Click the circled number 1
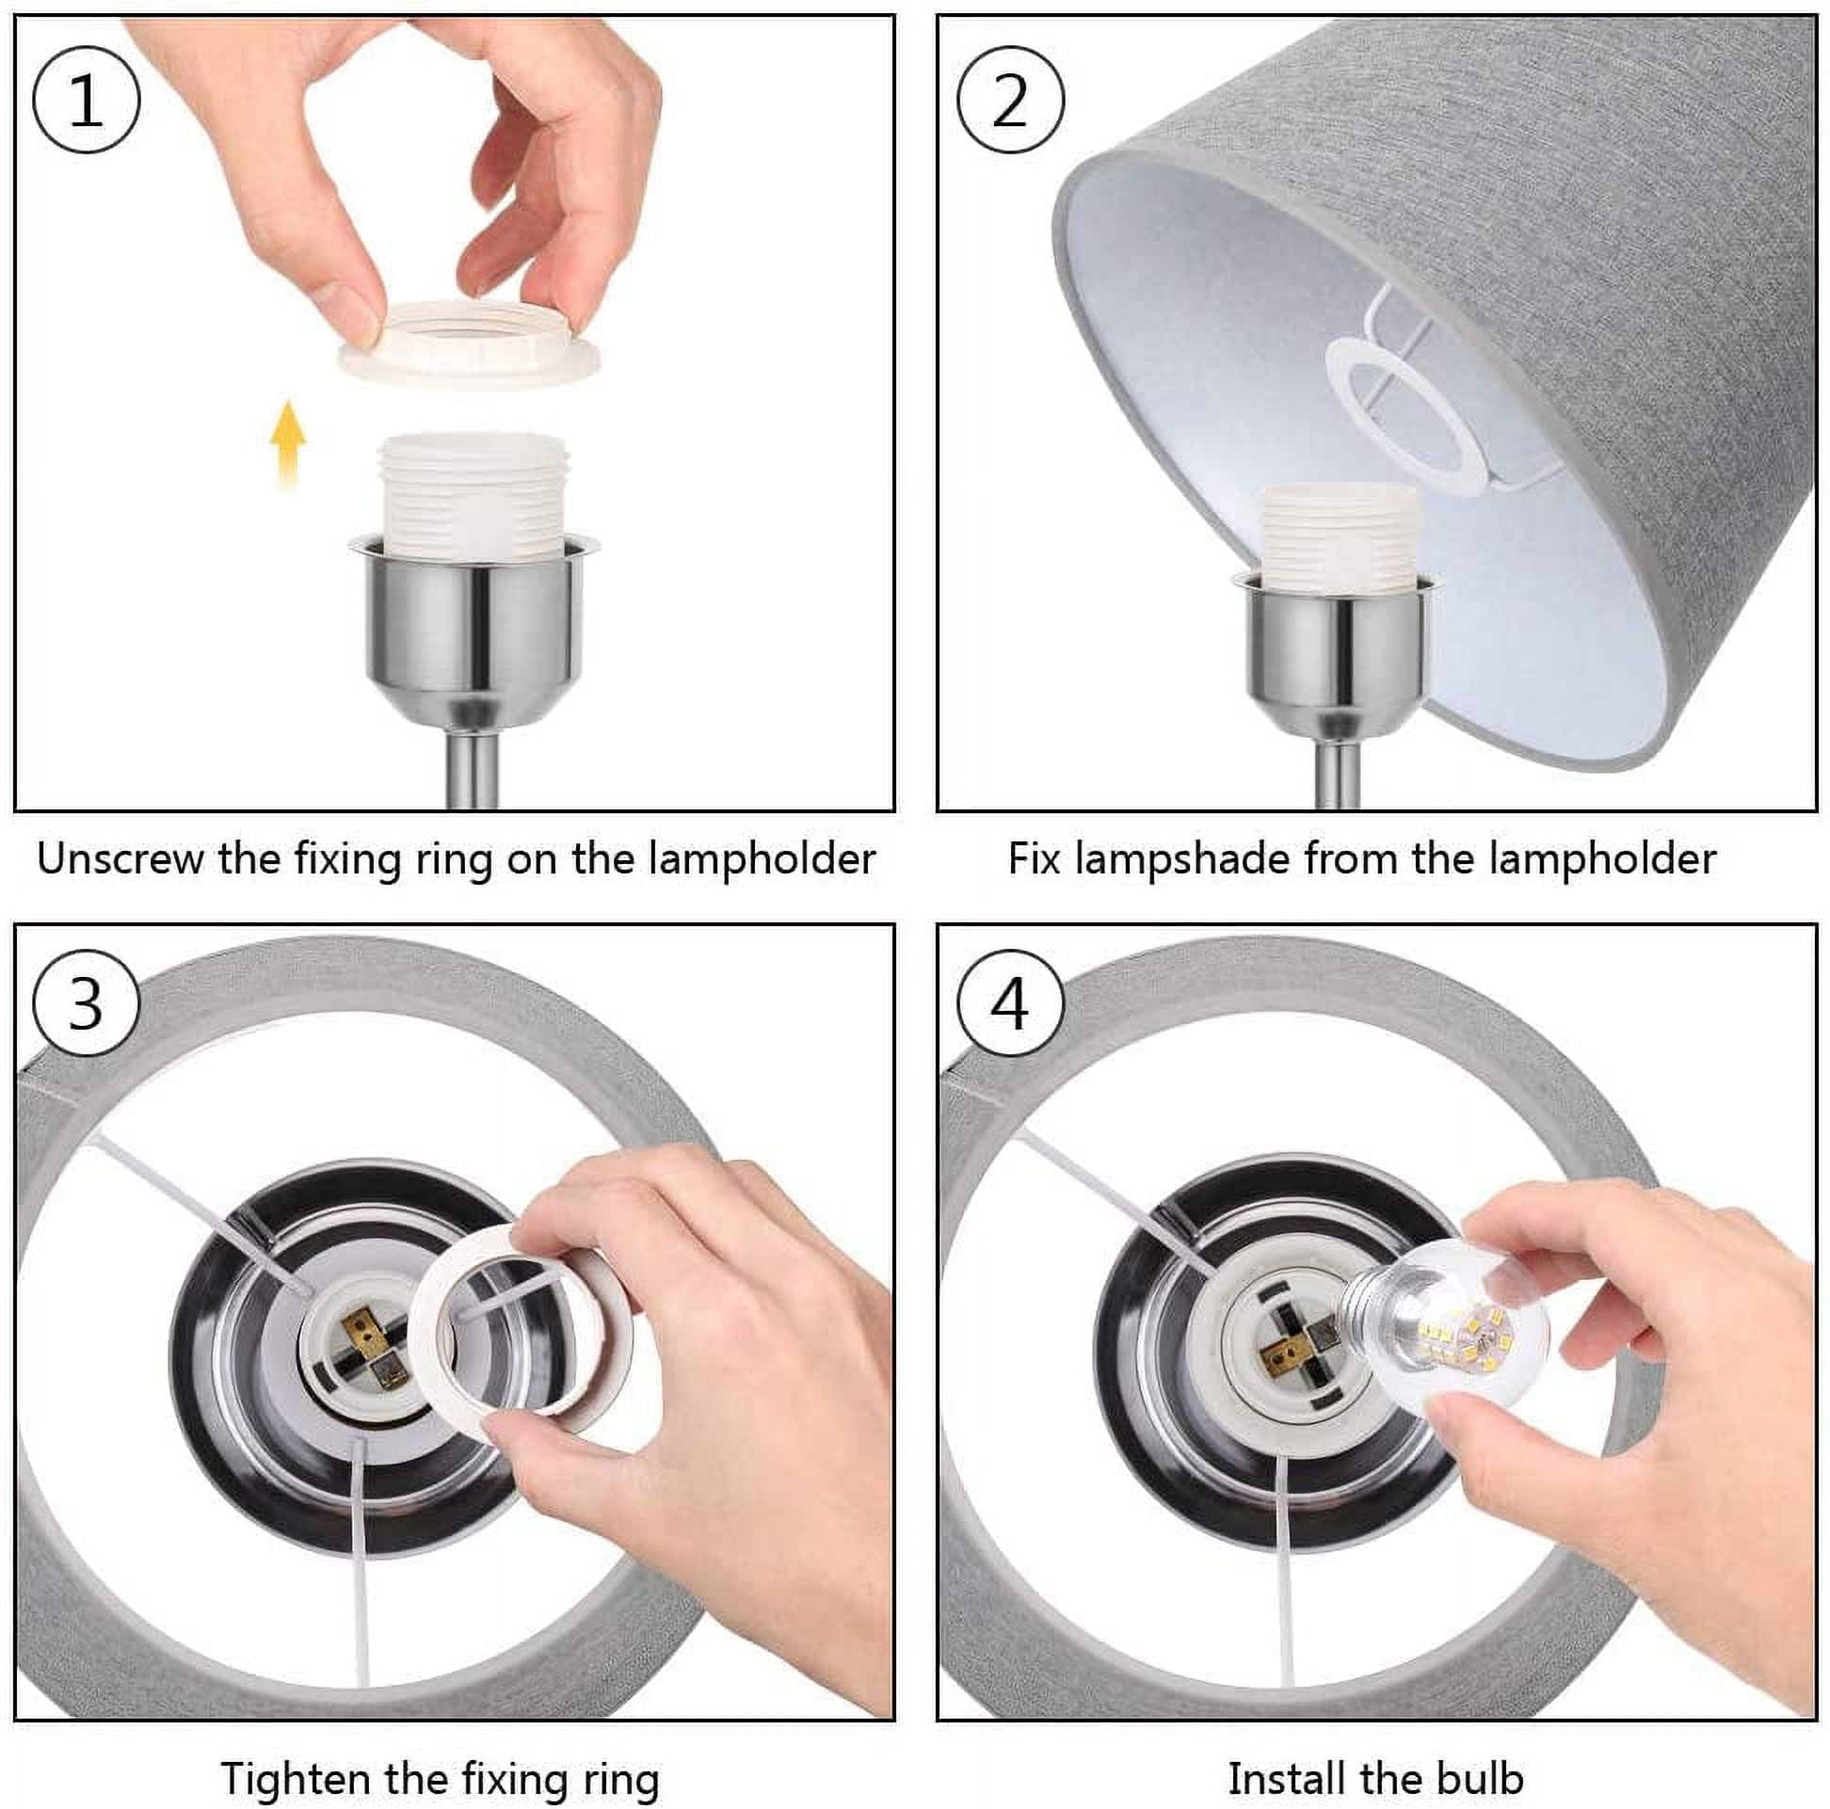click(x=87, y=101)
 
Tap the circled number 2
click(x=1010, y=101)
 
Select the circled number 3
click(x=87, y=1004)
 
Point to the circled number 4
click(x=1010, y=1004)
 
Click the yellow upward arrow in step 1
click(x=288, y=443)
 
